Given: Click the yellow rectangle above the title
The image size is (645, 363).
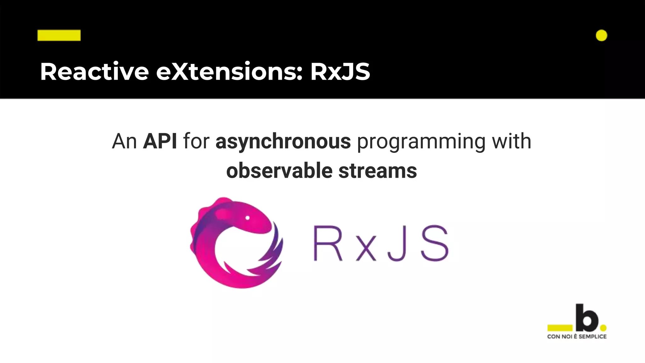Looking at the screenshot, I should tap(59, 35).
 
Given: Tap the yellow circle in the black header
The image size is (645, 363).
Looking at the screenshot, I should tap(601, 35).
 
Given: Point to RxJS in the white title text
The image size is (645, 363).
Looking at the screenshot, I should tap(340, 72).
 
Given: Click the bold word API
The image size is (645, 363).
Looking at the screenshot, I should tap(160, 141).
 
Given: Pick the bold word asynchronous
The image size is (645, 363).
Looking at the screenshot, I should tap(283, 141).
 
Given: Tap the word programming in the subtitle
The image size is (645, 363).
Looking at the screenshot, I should tap(421, 141).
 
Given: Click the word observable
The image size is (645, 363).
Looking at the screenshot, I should tap(279, 171).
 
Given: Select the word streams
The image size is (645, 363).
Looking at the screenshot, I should tap(378, 171).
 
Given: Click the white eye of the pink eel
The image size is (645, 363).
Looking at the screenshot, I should tap(248, 218).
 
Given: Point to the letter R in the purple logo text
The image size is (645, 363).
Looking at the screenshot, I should tap(328, 243).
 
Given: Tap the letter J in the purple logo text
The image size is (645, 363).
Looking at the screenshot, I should tap(397, 243).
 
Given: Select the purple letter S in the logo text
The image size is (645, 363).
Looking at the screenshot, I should tap(435, 243).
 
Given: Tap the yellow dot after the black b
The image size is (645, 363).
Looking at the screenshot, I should tap(603, 328).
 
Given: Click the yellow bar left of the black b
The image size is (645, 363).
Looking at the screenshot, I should tap(560, 328).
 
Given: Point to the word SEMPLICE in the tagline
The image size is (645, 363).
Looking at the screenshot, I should tap(592, 337).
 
